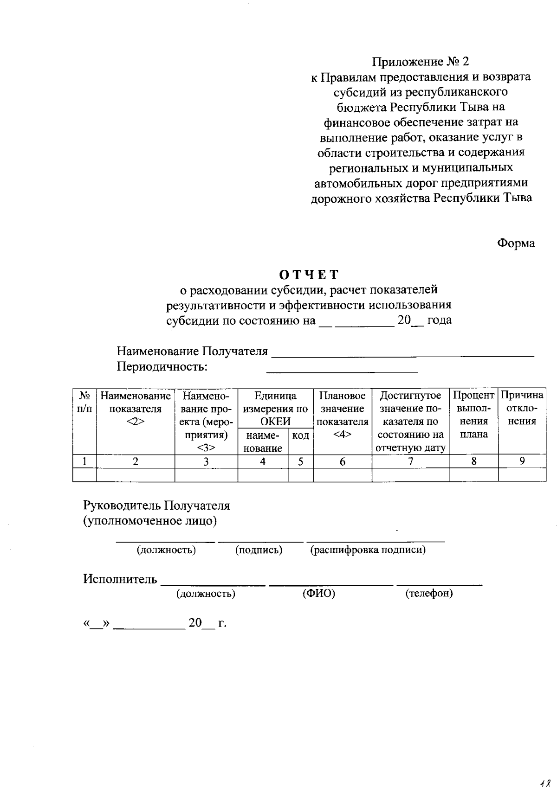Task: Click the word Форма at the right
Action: pos(516,243)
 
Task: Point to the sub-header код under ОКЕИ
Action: pos(301,436)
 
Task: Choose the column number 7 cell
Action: pos(410,461)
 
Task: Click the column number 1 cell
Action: pos(84,461)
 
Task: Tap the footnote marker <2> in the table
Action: pos(135,422)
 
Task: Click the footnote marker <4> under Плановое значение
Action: pos(343,435)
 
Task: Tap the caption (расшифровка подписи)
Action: pos(368,550)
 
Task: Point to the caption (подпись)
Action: pos(259,550)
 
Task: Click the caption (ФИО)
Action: pos(318,593)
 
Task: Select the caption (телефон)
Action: pos(429,593)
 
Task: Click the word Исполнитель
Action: pos(120,579)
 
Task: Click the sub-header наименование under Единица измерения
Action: pos(263,442)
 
